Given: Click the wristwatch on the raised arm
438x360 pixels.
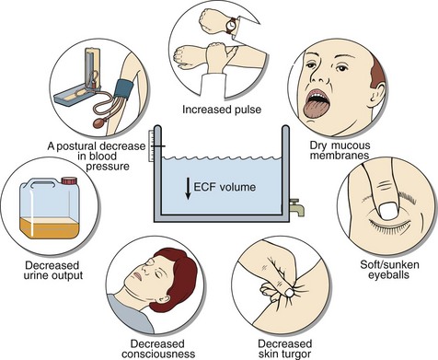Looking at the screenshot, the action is click(232, 26).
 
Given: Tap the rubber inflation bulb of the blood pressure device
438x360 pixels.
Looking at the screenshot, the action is click(99, 122).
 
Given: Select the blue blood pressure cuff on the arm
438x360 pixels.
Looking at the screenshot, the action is click(124, 89).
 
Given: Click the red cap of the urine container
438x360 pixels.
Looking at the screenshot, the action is click(69, 180).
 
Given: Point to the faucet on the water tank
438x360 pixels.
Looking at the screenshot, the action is click(296, 207).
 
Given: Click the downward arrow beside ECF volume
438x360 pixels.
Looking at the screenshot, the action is click(188, 188).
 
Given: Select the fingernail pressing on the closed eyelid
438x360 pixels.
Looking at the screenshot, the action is click(388, 211).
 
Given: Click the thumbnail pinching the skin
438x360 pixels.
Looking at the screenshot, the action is click(288, 293).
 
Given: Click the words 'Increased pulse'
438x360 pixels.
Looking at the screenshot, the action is click(222, 110).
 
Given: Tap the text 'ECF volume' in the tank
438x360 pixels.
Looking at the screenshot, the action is click(225, 187).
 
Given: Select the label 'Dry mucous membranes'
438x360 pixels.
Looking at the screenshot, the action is click(340, 150).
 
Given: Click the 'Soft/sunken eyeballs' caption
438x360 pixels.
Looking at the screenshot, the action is click(389, 269).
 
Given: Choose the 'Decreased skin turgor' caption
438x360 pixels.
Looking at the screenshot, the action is click(284, 348).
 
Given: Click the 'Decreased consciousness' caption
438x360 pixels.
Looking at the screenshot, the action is click(158, 348).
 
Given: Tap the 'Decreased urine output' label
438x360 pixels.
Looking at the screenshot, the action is click(52, 270).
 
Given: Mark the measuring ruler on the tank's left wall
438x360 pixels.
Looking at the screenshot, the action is click(150, 146).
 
